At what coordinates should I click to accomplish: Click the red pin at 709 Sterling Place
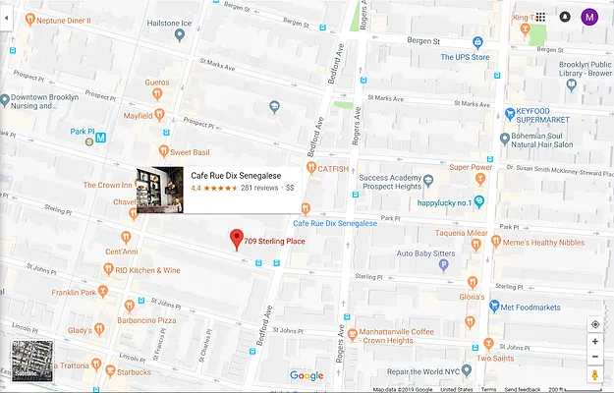[236, 239]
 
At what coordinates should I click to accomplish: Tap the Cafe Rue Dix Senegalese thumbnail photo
[160, 189]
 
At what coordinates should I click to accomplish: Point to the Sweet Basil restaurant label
[192, 152]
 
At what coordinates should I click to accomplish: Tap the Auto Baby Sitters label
[425, 253]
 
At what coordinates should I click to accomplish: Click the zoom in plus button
[594, 341]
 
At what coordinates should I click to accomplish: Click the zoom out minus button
[594, 357]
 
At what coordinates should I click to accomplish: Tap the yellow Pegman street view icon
[594, 375]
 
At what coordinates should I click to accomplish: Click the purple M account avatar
[589, 17]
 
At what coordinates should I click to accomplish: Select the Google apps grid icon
[540, 17]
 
